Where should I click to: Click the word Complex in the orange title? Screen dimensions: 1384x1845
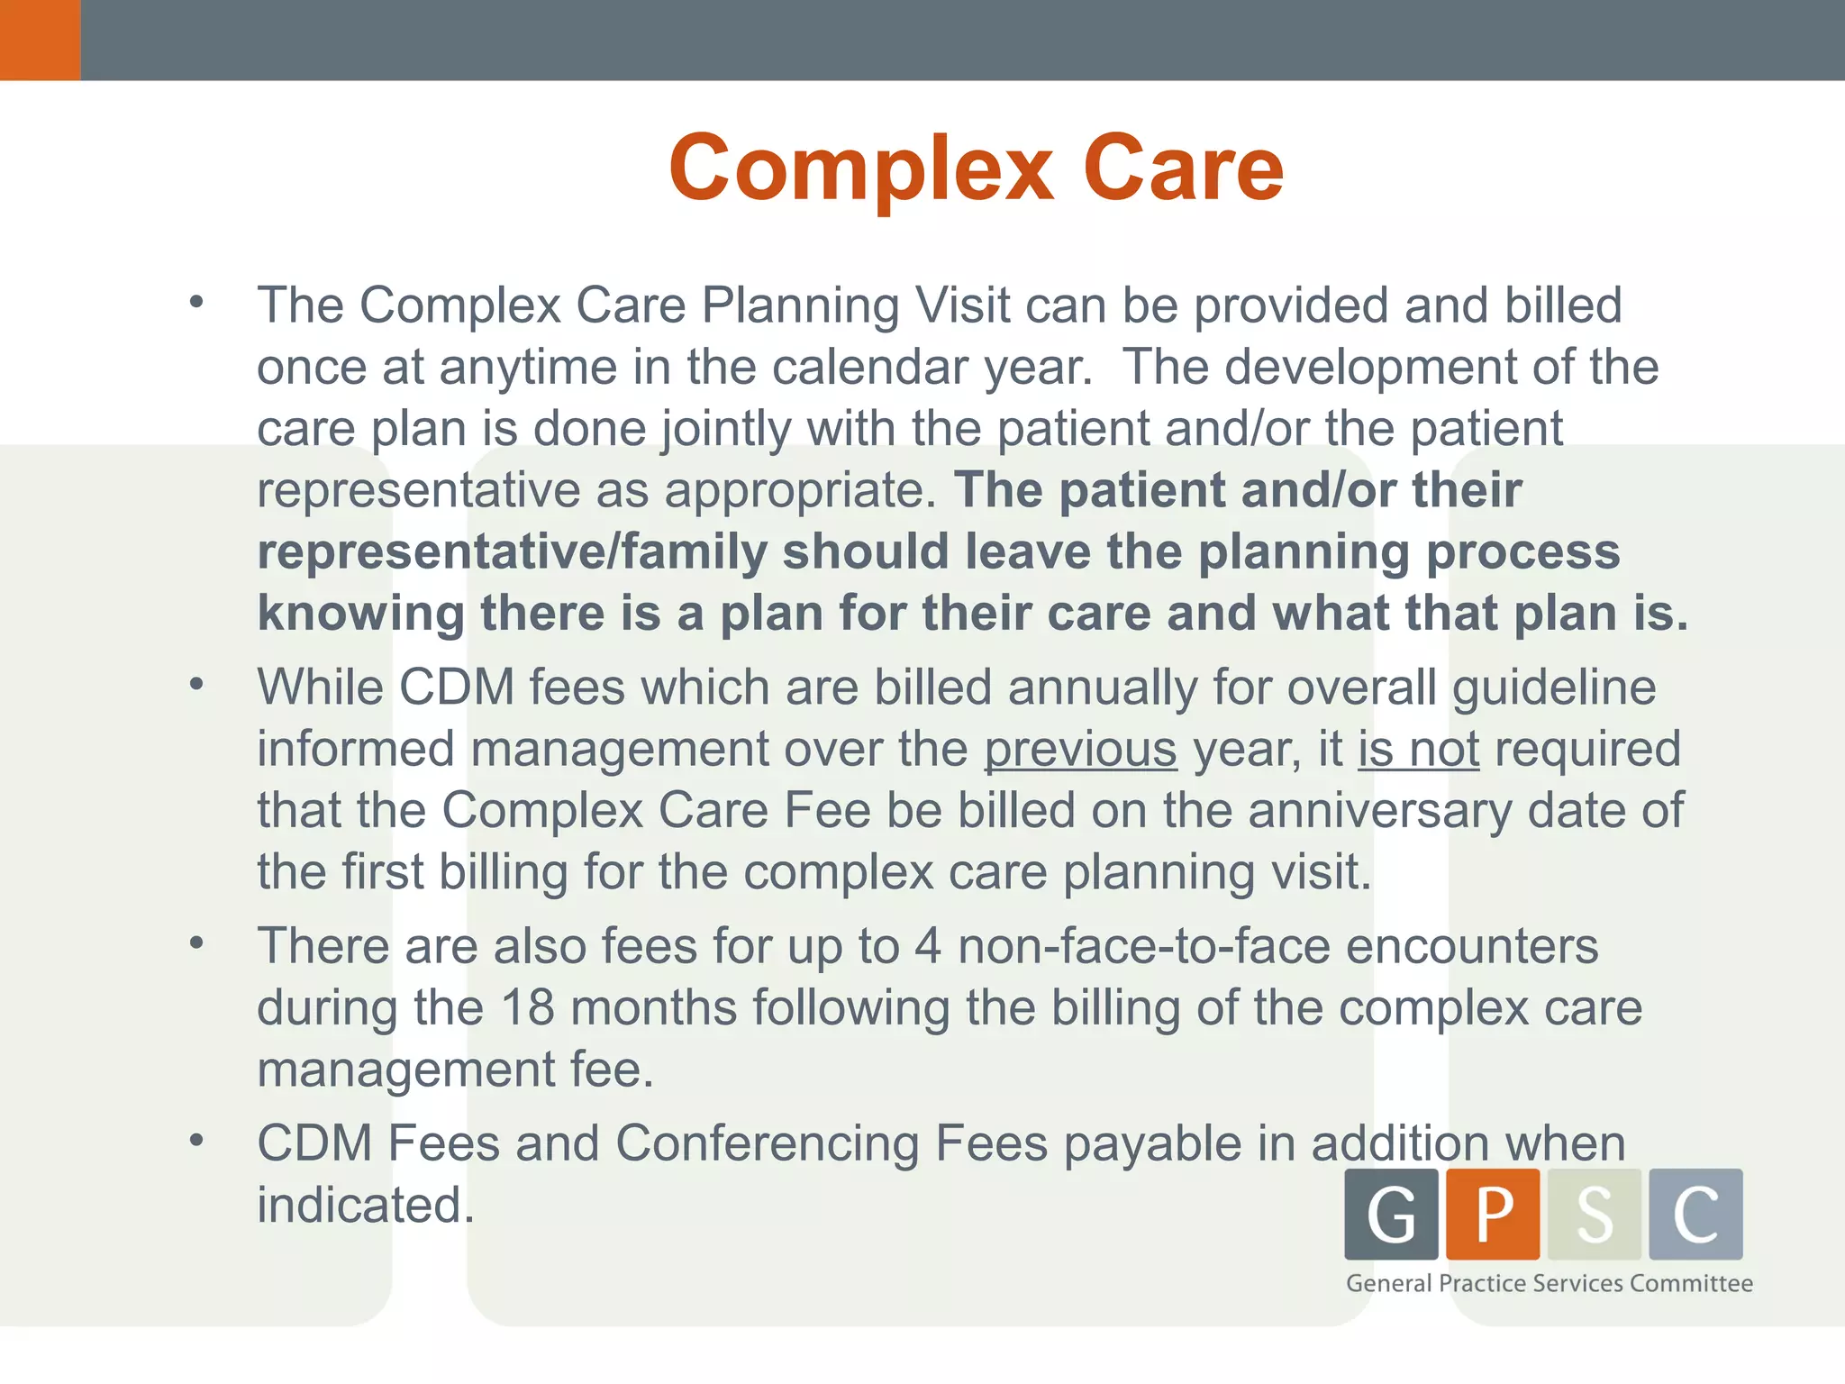[860, 168]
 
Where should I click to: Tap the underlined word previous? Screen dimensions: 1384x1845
[1080, 749]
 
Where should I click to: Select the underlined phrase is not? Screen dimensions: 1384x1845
[1419, 749]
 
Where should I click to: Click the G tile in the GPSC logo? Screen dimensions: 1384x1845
[1391, 1214]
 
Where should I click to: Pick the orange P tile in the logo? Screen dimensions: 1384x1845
[1493, 1214]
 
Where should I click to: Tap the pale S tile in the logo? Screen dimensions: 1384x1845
[1595, 1214]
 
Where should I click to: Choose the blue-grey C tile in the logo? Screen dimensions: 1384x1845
[1695, 1214]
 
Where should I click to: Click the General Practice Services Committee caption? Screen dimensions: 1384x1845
[1550, 1283]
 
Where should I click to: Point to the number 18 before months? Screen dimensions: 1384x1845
[527, 1007]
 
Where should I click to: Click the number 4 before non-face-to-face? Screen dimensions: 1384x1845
[928, 946]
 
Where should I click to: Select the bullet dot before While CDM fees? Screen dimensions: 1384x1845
[196, 685]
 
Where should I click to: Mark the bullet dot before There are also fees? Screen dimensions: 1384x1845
[196, 943]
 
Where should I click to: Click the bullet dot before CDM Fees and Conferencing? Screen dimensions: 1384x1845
[196, 1141]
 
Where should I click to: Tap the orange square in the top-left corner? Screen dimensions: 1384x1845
[40, 40]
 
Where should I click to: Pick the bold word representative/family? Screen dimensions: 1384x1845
[512, 551]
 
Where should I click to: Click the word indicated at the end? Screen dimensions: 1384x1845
[365, 1205]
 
